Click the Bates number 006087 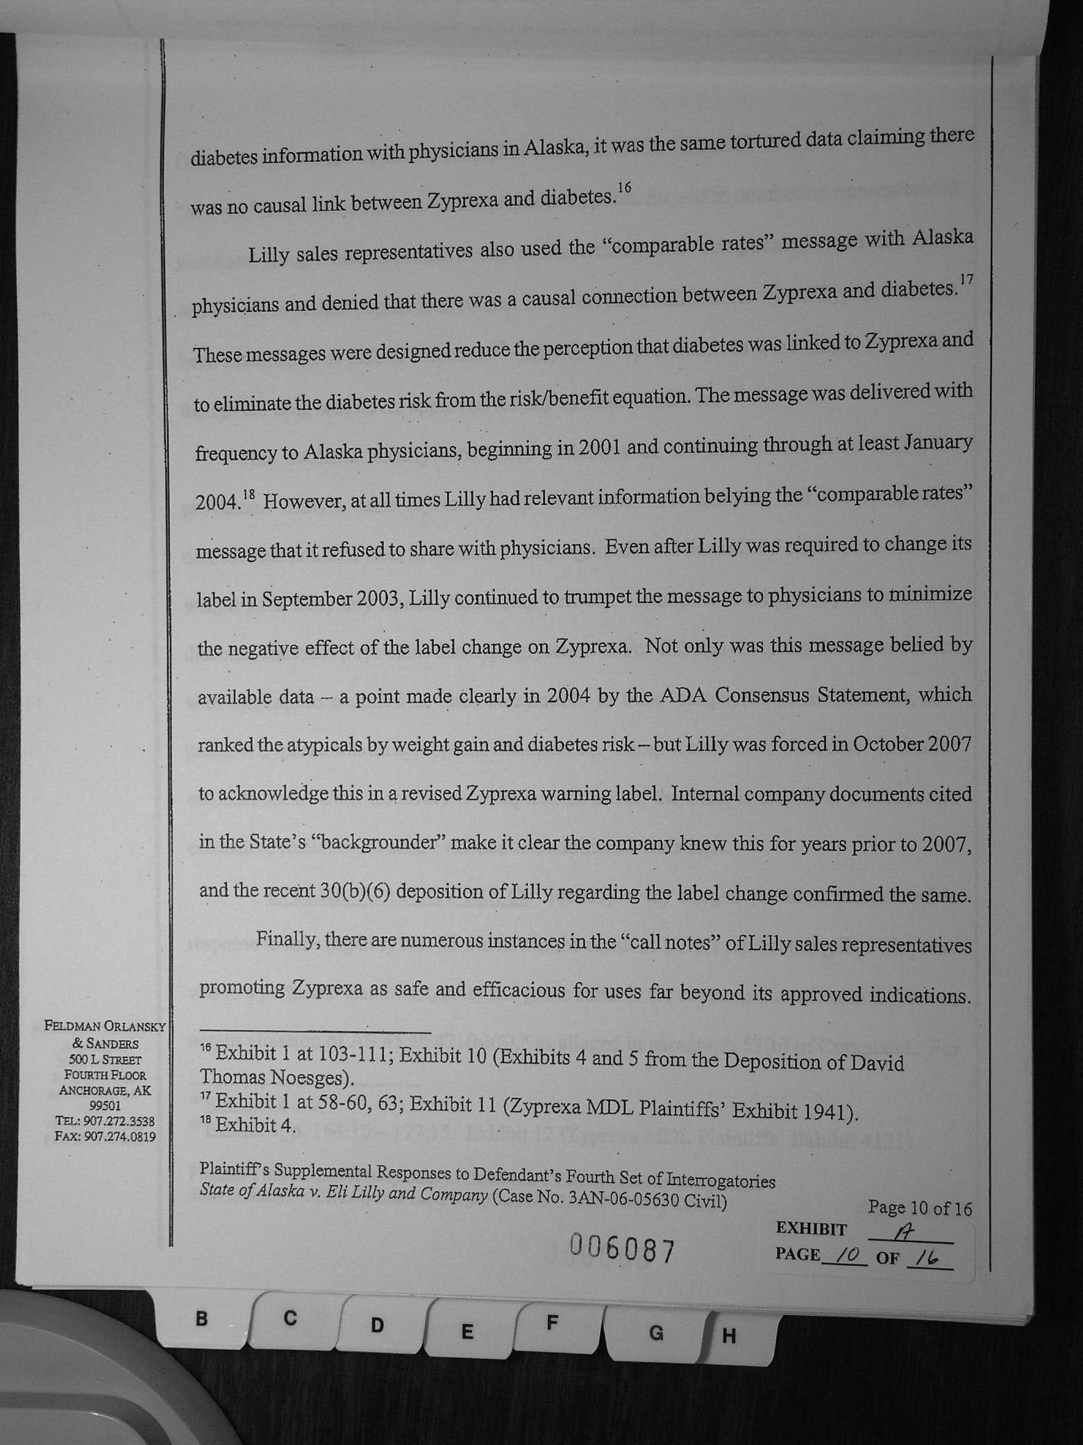click(x=622, y=1251)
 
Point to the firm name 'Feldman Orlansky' click(x=105, y=1026)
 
